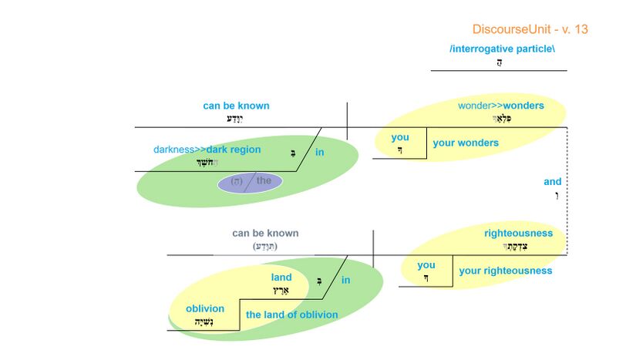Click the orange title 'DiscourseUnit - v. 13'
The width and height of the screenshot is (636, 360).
(530, 29)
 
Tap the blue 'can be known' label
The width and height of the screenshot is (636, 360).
(236, 106)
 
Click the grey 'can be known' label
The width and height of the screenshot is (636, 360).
(265, 233)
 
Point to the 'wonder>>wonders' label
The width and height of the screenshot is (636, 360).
(500, 106)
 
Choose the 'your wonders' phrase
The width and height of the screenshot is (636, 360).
(466, 143)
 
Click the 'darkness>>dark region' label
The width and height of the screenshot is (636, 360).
(207, 150)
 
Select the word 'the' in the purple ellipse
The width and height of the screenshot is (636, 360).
(264, 181)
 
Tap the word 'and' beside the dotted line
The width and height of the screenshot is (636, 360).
(553, 182)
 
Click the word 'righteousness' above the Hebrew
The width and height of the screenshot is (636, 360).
(518, 233)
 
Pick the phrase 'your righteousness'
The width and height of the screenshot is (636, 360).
(505, 271)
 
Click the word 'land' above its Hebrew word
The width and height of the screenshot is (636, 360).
(281, 278)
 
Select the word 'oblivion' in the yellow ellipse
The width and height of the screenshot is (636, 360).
(205, 309)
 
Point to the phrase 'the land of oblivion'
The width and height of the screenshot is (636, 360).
(291, 315)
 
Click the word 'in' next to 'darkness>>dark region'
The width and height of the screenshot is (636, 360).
(319, 153)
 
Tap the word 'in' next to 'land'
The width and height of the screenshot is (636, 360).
(345, 280)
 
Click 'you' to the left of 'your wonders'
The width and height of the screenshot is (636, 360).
(400, 138)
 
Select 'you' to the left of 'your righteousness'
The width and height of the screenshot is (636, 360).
(426, 265)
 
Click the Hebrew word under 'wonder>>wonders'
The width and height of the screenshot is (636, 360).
(501, 119)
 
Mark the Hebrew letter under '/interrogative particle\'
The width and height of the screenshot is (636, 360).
(500, 62)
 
